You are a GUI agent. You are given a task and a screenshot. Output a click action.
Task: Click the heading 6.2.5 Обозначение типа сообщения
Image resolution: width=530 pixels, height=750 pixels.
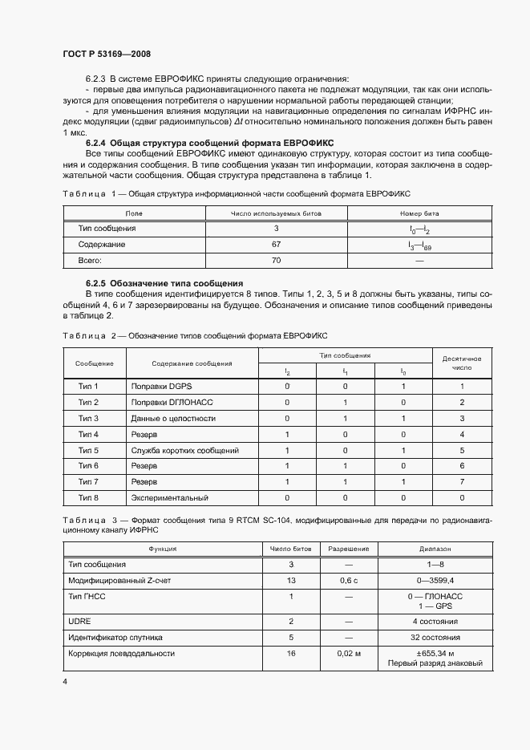click(164, 284)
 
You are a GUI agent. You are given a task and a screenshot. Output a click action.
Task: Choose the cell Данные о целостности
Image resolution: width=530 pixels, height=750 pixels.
click(173, 419)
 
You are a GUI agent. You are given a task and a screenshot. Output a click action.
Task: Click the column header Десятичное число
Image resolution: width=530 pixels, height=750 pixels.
click(462, 362)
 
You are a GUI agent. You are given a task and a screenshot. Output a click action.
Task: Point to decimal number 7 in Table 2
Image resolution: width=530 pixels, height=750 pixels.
click(462, 482)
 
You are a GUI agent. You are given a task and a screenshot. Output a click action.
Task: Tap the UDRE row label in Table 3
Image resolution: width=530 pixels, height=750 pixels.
click(79, 621)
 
